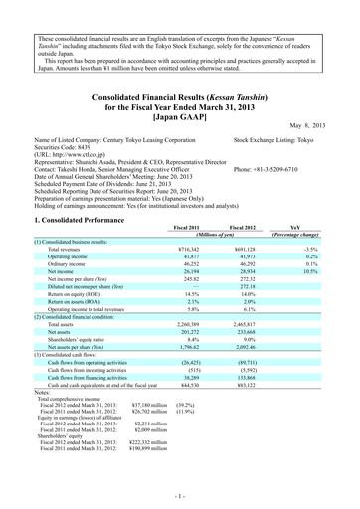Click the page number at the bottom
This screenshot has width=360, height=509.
(x=180, y=493)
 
